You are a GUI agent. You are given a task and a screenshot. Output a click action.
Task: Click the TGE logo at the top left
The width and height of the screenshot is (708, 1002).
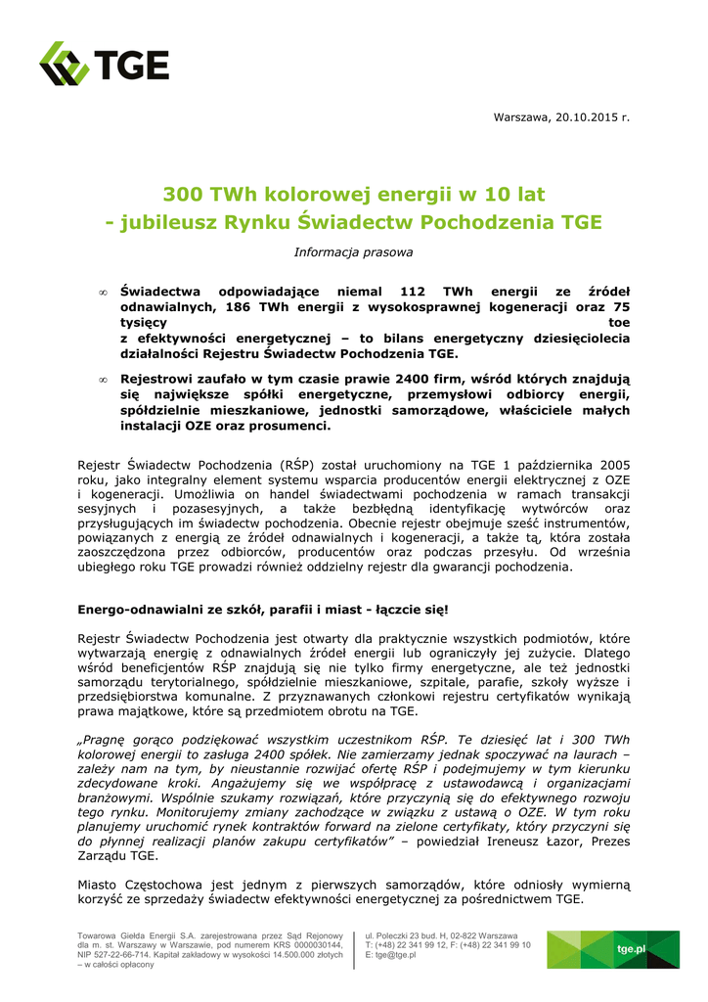click(104, 65)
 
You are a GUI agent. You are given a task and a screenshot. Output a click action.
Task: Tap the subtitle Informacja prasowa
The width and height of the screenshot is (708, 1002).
click(353, 252)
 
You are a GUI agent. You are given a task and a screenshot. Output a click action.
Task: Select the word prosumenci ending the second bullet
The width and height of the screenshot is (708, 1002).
click(293, 427)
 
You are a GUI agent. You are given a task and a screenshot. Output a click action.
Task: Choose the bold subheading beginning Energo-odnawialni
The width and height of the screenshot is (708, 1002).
click(263, 610)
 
